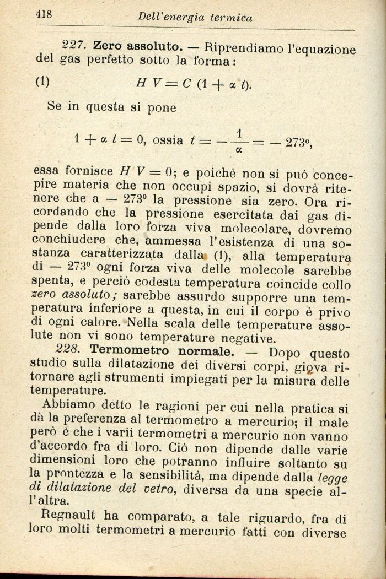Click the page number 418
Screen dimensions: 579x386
click(x=44, y=15)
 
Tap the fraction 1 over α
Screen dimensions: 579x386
click(x=239, y=140)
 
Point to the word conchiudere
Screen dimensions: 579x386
click(x=68, y=241)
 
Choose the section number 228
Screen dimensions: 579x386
click(x=69, y=350)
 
